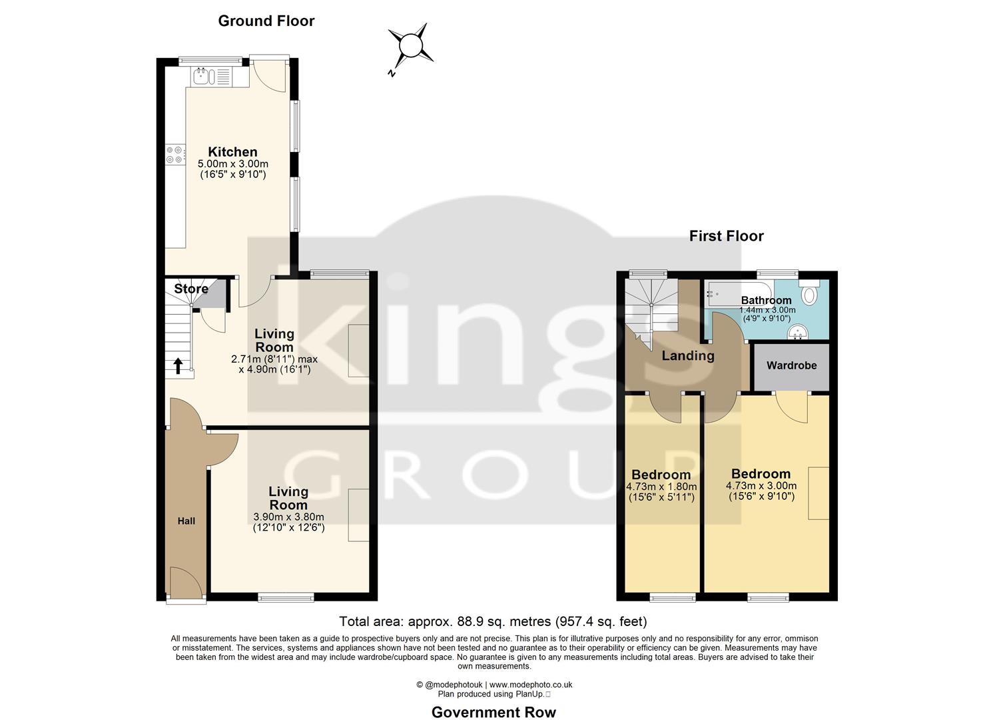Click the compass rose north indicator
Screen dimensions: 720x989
pyautogui.click(x=410, y=47)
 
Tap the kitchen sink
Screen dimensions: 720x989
pyautogui.click(x=203, y=77)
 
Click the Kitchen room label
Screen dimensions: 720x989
pyautogui.click(x=232, y=152)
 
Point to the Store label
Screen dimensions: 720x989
pyautogui.click(x=191, y=289)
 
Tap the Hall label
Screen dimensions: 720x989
pyautogui.click(x=186, y=521)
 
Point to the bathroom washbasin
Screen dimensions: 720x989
pyautogui.click(x=797, y=331)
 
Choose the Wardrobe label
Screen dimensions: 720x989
pyautogui.click(x=791, y=365)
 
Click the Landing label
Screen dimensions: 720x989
pyautogui.click(x=687, y=356)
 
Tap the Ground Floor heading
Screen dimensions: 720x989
pyautogui.click(x=266, y=21)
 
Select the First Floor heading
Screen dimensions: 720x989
pyautogui.click(x=726, y=236)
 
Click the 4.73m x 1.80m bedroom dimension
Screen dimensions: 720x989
pyautogui.click(x=661, y=487)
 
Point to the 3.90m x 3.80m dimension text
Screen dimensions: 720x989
pyautogui.click(x=288, y=517)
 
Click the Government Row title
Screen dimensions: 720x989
pyautogui.click(x=494, y=712)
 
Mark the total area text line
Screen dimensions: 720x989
pyautogui.click(x=493, y=621)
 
